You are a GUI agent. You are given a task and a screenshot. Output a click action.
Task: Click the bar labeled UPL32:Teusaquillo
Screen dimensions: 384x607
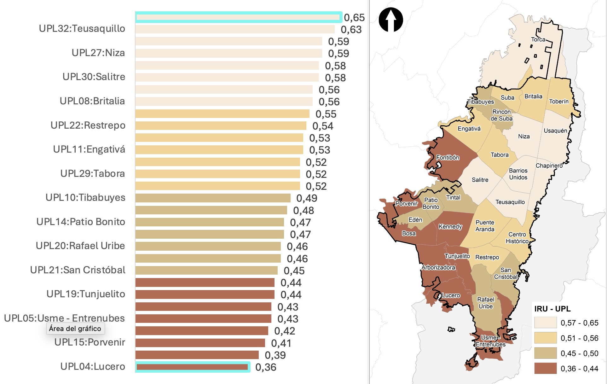pyautogui.click(x=235, y=29)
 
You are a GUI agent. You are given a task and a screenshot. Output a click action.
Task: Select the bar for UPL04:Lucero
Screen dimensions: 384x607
pyautogui.click(x=192, y=367)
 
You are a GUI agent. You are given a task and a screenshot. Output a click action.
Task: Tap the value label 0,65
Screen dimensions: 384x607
pyautogui.click(x=354, y=18)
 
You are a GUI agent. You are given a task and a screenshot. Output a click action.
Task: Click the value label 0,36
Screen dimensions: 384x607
pyautogui.click(x=266, y=367)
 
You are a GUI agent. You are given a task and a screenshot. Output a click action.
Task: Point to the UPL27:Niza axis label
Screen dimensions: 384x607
pyautogui.click(x=98, y=53)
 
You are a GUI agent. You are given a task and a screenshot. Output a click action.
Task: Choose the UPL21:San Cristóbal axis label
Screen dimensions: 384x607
pyautogui.click(x=78, y=270)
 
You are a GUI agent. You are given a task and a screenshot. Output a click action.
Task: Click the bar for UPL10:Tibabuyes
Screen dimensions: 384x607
pyautogui.click(x=213, y=198)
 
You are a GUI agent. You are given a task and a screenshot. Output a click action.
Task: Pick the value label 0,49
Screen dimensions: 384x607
pyautogui.click(x=307, y=198)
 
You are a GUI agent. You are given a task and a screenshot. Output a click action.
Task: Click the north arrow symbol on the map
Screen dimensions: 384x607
pyautogui.click(x=391, y=20)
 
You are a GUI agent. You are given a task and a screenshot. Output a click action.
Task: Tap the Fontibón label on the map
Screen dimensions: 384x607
pyautogui.click(x=448, y=158)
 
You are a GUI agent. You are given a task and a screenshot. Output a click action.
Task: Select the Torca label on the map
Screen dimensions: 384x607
pyautogui.click(x=538, y=40)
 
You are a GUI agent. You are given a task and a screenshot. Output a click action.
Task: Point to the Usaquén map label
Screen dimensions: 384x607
pyautogui.click(x=555, y=131)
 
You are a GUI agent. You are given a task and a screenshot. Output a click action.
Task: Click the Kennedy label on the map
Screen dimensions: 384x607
pyautogui.click(x=450, y=227)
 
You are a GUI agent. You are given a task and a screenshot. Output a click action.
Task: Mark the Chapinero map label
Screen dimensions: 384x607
pyautogui.click(x=549, y=166)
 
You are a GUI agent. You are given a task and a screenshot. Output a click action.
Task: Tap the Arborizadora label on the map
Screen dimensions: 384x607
pyautogui.click(x=438, y=268)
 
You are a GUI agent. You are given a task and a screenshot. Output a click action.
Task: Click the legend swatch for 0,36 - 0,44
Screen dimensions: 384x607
pyautogui.click(x=545, y=368)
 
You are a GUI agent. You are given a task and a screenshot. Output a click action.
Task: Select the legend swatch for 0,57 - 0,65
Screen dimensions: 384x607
pyautogui.click(x=545, y=323)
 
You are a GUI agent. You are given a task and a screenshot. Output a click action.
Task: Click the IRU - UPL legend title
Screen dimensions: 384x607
pyautogui.click(x=552, y=309)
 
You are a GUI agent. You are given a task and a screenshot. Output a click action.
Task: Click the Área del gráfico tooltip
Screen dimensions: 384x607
pyautogui.click(x=75, y=329)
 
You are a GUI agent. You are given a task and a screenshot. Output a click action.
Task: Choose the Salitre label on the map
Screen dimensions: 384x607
pyautogui.click(x=480, y=180)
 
